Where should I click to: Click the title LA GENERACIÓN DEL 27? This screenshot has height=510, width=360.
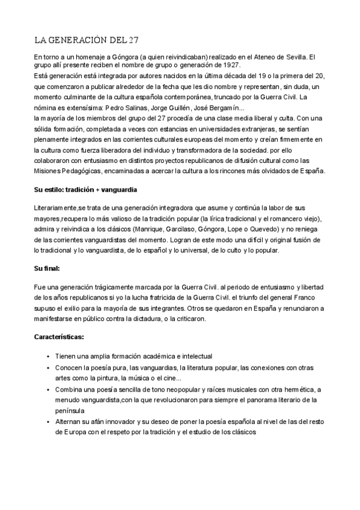[x=87, y=41]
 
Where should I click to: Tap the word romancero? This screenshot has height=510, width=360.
[x=287, y=218]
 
